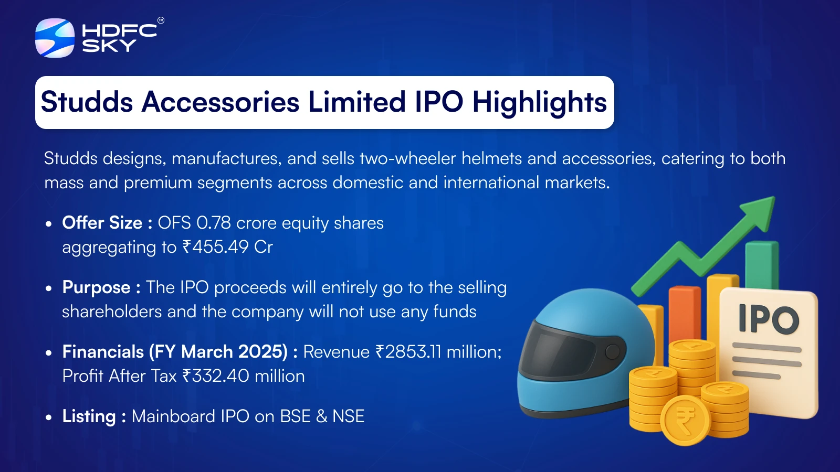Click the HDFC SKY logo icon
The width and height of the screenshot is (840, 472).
(55, 38)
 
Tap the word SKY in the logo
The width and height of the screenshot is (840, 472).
(109, 45)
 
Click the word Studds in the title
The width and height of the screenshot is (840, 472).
(87, 102)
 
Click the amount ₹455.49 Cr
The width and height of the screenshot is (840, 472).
(228, 247)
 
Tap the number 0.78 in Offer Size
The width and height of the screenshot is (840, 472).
(213, 223)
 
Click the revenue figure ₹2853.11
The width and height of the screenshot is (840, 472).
(408, 352)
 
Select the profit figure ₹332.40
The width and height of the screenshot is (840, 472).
(216, 376)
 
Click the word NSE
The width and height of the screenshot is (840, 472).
(348, 416)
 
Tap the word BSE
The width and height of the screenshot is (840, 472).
(296, 416)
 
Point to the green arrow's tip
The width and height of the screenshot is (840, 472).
(774, 197)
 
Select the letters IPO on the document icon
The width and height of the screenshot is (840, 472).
(768, 319)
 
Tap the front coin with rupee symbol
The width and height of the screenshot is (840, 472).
(685, 420)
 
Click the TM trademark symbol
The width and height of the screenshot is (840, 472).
(161, 20)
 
